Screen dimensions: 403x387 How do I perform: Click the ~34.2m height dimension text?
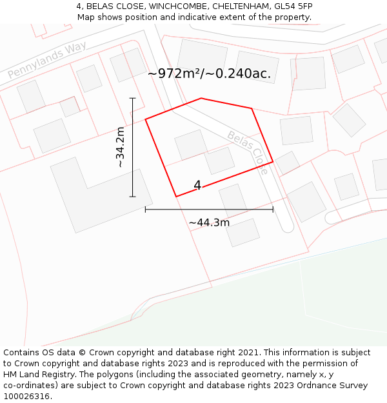pos(120,148)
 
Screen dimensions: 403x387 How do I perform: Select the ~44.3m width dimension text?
pos(209,223)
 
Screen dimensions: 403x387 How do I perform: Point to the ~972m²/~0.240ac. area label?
pos(209,74)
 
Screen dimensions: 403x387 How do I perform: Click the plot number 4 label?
pos(197,186)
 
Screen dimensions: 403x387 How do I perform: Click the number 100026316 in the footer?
pos(25,397)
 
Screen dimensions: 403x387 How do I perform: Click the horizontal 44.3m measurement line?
pos(209,209)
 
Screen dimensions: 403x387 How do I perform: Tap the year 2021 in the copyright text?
pos(247,353)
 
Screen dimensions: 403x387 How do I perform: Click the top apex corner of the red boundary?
pos(201,99)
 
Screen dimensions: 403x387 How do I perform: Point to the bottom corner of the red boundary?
pos(176,196)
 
